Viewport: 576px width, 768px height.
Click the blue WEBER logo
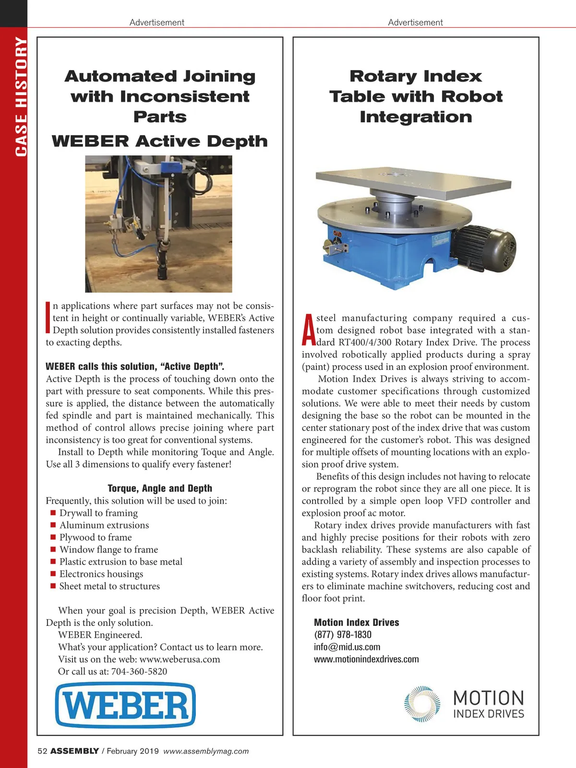pos(126,705)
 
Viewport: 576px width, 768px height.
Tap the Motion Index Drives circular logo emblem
pos(422,704)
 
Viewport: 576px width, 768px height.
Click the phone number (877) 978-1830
pos(343,635)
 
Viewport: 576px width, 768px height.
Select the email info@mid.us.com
pos(347,647)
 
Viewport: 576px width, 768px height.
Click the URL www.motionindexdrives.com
pos(366,659)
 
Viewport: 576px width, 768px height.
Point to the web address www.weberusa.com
pos(180,659)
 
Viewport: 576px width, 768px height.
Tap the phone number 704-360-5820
pos(139,672)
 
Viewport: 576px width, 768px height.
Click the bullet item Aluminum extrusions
pos(104,525)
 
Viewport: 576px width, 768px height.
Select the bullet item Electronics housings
pos(101,574)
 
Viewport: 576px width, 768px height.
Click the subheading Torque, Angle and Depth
pos(160,488)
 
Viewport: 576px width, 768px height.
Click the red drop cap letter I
pos(48,317)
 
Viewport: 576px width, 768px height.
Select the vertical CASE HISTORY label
pos(21,96)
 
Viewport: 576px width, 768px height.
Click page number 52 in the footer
pos(42,751)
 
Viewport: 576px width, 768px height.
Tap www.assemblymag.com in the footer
pos(206,751)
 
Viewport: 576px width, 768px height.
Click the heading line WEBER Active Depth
pos(160,141)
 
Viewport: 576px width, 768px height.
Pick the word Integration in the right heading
pos(416,117)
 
